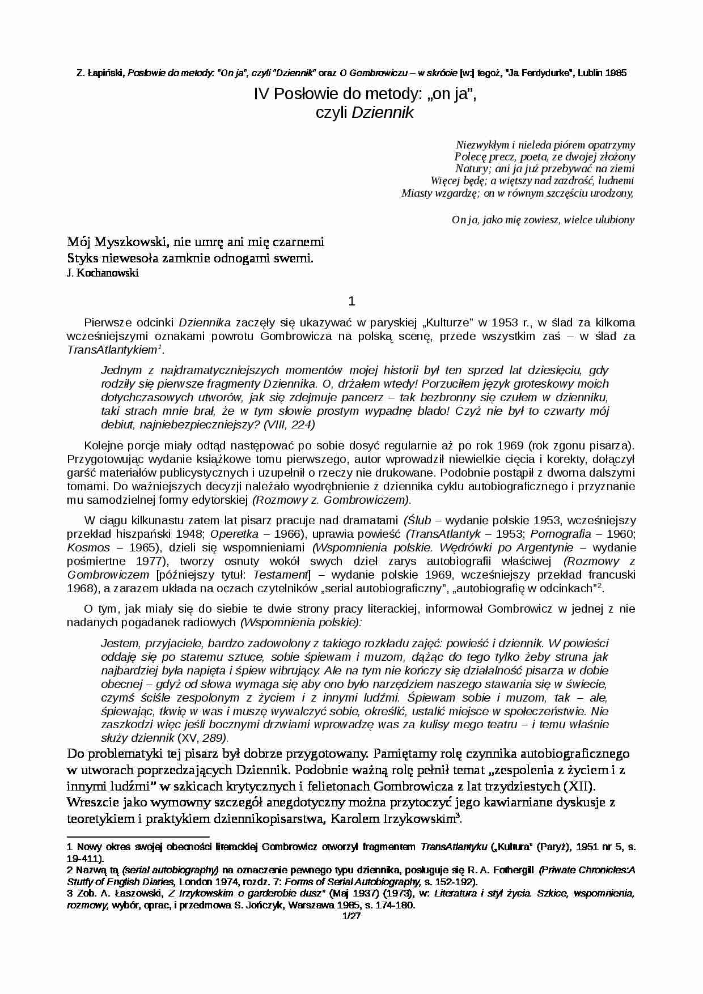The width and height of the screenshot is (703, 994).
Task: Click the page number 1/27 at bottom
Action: click(351, 916)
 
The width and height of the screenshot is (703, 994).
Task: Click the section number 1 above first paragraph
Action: click(351, 301)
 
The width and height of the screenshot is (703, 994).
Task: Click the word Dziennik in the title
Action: click(383, 113)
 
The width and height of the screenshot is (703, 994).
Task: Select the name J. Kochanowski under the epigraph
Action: click(103, 273)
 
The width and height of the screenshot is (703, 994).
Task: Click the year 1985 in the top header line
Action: click(616, 73)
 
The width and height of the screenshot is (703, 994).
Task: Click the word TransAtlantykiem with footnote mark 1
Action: click(112, 350)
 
